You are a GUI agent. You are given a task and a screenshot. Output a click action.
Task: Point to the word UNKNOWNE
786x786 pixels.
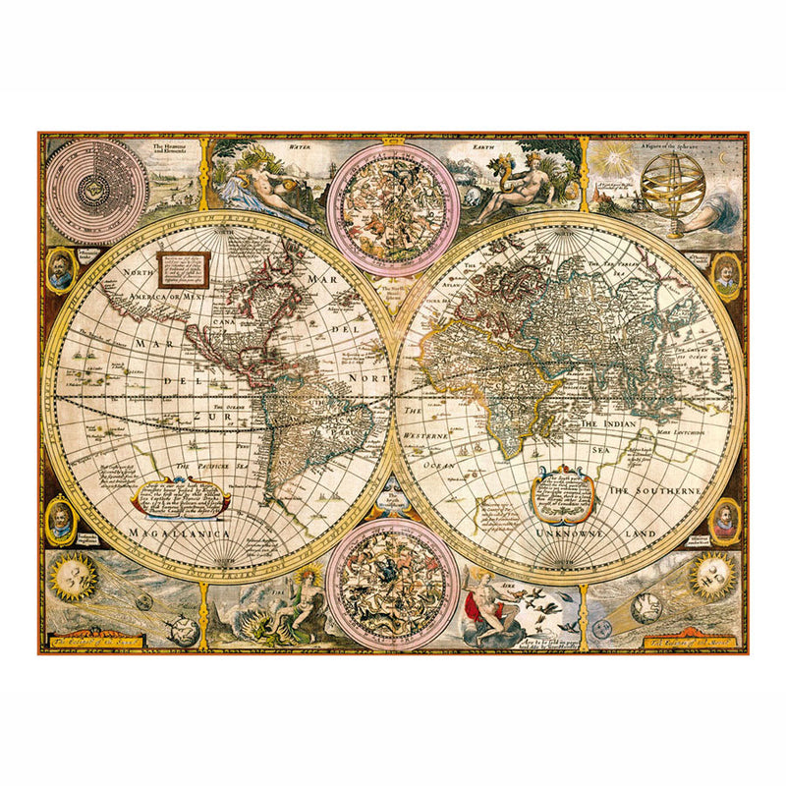pyautogui.click(x=566, y=532)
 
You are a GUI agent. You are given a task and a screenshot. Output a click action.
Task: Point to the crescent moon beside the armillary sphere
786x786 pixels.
pyautogui.click(x=723, y=158)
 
